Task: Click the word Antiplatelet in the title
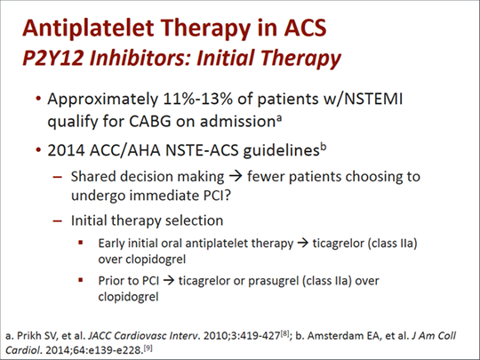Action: pyautogui.click(x=88, y=28)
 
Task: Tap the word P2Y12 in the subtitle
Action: pyautogui.click(x=52, y=58)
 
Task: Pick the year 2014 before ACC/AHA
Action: pyautogui.click(x=66, y=150)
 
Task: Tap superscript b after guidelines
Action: pyautogui.click(x=324, y=147)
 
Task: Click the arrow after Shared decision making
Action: pyautogui.click(x=236, y=177)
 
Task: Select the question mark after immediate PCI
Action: pyautogui.click(x=227, y=196)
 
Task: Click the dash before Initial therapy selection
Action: pyautogui.click(x=58, y=220)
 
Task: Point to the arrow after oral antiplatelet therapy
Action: pyautogui.click(x=303, y=244)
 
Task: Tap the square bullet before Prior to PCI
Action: pyautogui.click(x=81, y=280)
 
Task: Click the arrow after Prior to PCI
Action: pyautogui.click(x=169, y=281)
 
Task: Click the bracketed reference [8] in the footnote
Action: pyautogui.click(x=284, y=333)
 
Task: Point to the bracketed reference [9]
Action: pyautogui.click(x=148, y=348)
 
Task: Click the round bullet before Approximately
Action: pyautogui.click(x=38, y=99)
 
